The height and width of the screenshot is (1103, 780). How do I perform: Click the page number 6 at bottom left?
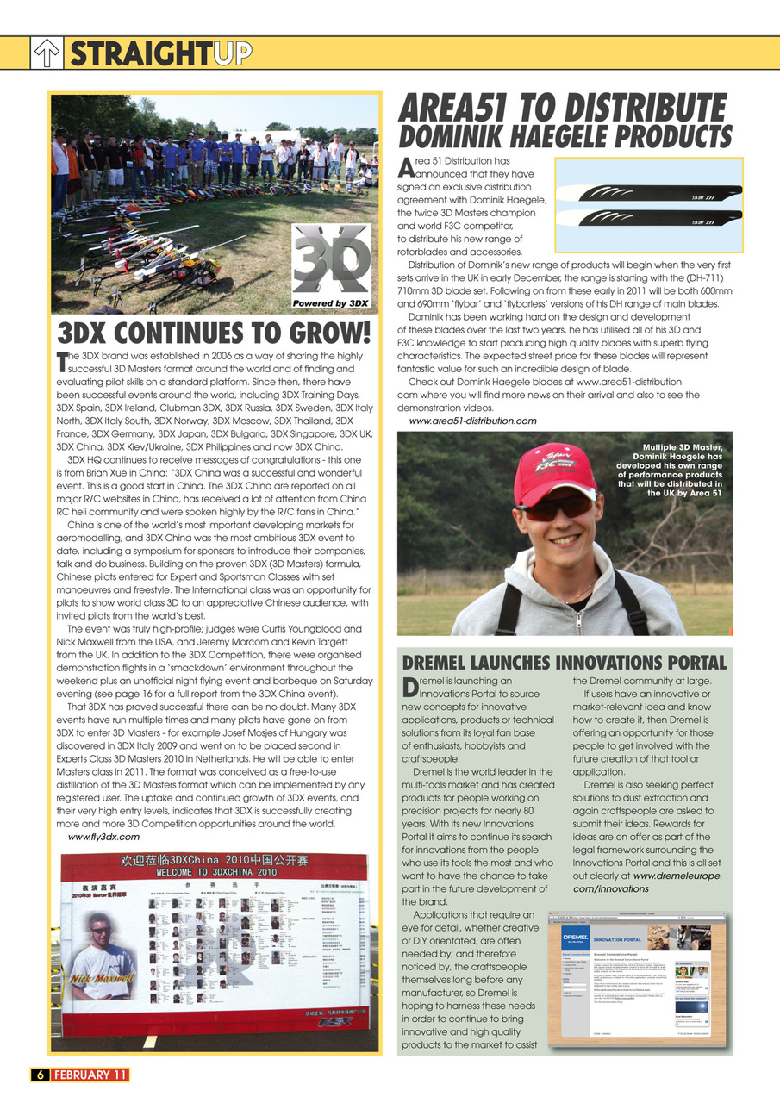click(39, 1074)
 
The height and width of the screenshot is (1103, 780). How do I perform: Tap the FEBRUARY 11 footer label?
click(90, 1074)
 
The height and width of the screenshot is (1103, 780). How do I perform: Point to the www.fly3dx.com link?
click(103, 837)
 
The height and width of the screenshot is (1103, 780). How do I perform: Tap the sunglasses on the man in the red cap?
click(556, 508)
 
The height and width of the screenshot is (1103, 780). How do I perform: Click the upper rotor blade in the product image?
click(648, 190)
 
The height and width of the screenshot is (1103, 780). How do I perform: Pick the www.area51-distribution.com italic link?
click(472, 421)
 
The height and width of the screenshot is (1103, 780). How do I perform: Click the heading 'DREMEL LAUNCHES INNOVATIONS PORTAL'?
click(565, 663)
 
